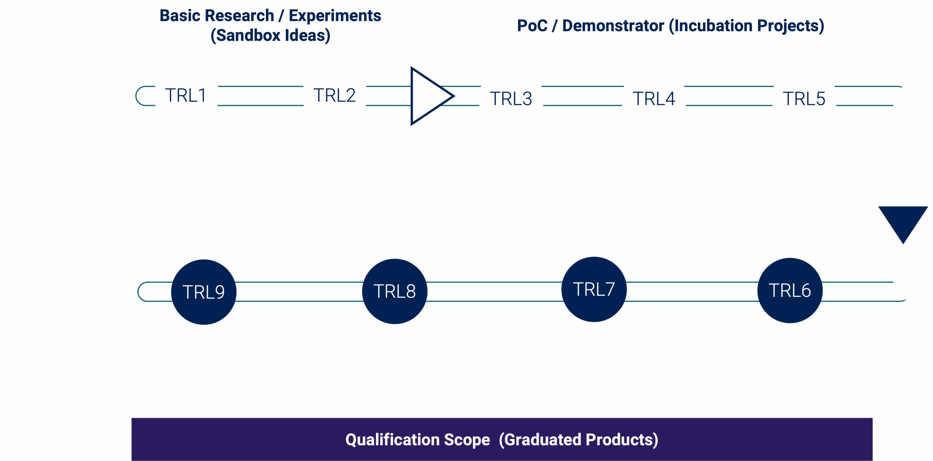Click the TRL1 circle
pyautogui.click(x=186, y=95)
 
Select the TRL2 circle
pyautogui.click(x=335, y=95)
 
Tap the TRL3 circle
pyautogui.click(x=511, y=99)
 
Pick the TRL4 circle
pyautogui.click(x=654, y=99)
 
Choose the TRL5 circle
pyautogui.click(x=804, y=99)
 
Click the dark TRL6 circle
pyautogui.click(x=790, y=291)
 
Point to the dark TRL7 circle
pyautogui.click(x=594, y=289)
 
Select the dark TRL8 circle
pyautogui.click(x=395, y=291)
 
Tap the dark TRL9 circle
pyautogui.click(x=204, y=292)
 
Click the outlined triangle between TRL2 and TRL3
pyautogui.click(x=428, y=96)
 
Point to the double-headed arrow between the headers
pyautogui.click(x=429, y=26)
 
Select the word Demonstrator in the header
pyautogui.click(x=613, y=26)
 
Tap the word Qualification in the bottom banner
pyautogui.click(x=417, y=440)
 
